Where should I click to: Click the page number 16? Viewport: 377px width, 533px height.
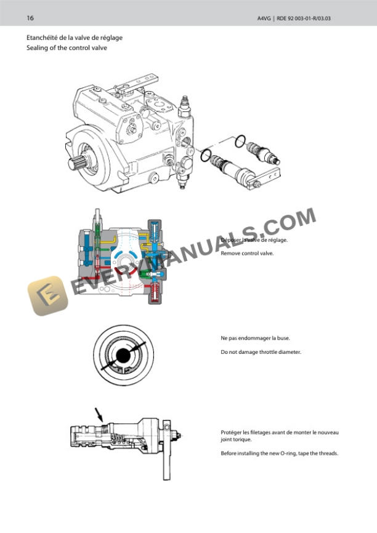coord(30,18)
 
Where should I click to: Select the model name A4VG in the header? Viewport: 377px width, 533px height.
coord(263,18)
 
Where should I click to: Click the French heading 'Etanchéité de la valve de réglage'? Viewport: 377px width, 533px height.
coord(74,38)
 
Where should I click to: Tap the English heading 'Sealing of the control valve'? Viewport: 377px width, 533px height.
coord(67,47)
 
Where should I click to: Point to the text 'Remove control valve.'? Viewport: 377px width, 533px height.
coord(247,253)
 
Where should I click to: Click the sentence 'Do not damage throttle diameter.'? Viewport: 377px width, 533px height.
coord(261,352)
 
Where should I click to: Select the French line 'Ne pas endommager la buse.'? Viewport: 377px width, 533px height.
coord(255,338)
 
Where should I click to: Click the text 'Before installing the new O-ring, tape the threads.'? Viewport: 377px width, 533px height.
coord(280,454)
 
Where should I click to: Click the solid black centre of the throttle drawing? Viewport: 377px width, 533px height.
coord(122,355)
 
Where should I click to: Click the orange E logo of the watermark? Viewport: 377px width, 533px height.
coord(47,295)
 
